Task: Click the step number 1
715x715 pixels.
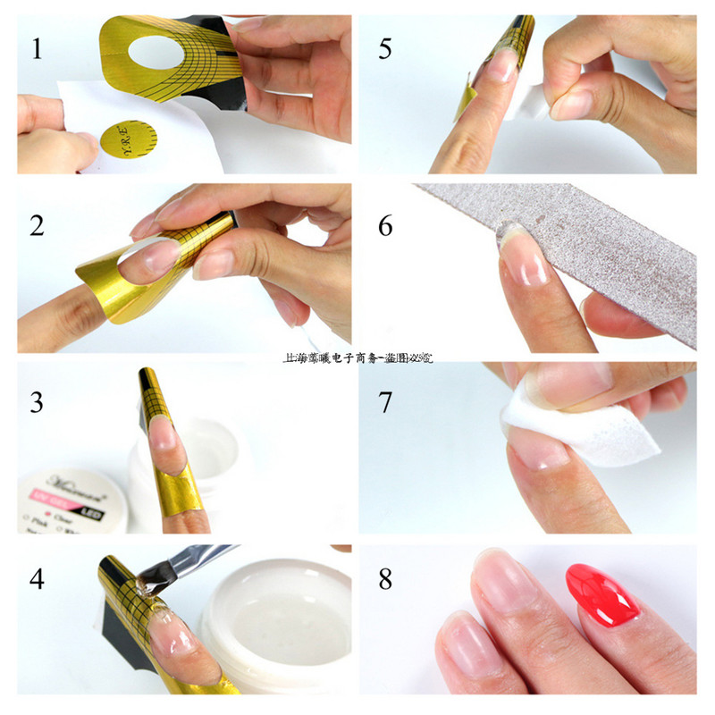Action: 37,47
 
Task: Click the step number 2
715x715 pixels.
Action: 37,225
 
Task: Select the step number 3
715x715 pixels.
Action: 37,402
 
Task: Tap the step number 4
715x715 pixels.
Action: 37,579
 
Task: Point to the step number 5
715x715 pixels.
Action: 384,47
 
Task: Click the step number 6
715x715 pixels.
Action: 385,225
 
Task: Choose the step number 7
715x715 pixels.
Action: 385,402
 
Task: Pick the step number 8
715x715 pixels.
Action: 385,579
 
